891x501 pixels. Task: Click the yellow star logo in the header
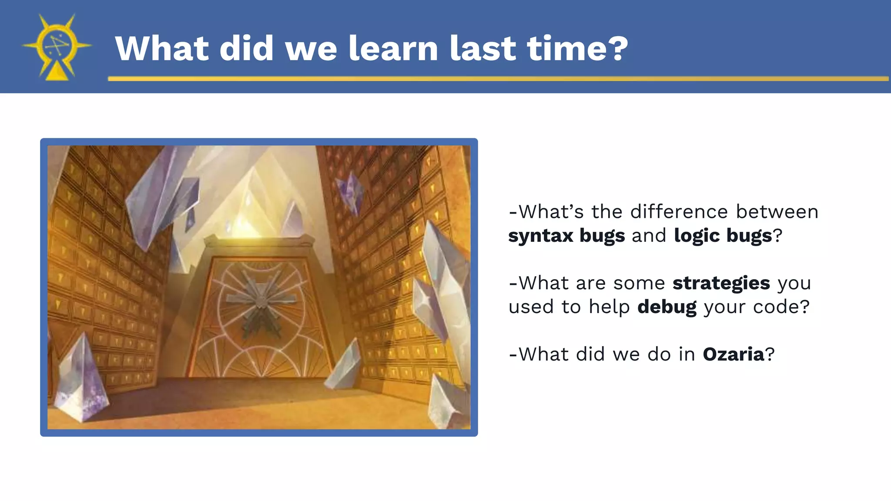(x=57, y=46)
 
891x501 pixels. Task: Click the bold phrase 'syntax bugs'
(x=566, y=236)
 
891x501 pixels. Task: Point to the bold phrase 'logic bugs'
(x=723, y=236)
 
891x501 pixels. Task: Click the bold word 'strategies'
(x=721, y=283)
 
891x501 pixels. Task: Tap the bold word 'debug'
(x=667, y=307)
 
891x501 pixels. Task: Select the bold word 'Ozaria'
(x=734, y=354)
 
